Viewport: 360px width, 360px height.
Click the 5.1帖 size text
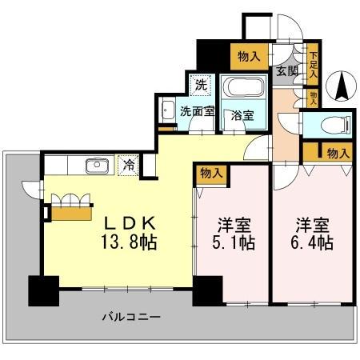point(232,242)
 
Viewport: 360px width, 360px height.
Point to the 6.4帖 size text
point(310,242)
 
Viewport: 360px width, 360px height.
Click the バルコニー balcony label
point(131,317)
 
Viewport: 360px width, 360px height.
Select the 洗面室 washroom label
point(195,111)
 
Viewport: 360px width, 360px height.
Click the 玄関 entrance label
point(288,71)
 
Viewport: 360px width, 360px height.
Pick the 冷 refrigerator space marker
point(128,165)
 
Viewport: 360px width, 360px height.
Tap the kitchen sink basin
point(97,166)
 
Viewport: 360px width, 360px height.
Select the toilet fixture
point(332,125)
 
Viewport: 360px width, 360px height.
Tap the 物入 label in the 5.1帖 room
point(211,171)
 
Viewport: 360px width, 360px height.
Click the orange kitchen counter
point(72,212)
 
